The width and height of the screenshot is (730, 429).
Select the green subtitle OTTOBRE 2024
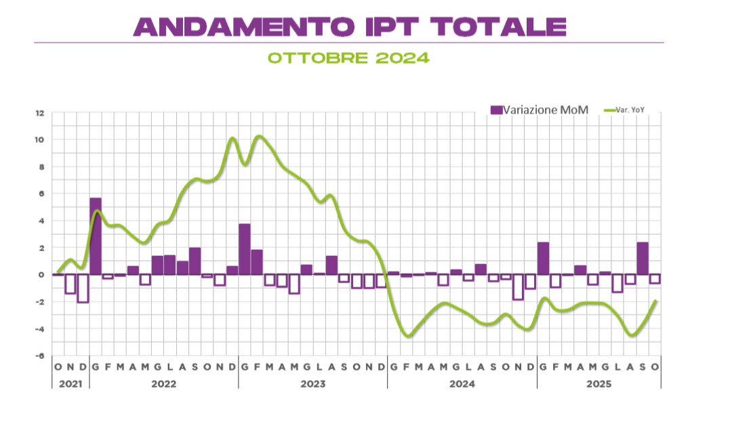click(x=348, y=58)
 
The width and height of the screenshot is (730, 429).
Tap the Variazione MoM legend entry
click(x=540, y=110)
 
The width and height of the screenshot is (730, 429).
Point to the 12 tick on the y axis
click(x=40, y=113)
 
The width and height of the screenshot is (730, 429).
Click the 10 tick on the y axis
click(x=40, y=140)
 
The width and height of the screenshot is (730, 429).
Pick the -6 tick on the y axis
click(x=40, y=356)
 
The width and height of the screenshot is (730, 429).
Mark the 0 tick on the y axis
click(x=41, y=275)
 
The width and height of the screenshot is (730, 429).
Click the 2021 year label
click(x=70, y=384)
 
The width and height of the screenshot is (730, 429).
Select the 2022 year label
click(x=163, y=384)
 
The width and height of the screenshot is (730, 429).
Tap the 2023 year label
click(x=312, y=384)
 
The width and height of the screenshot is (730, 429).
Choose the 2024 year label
click(x=462, y=384)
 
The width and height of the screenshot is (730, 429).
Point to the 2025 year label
click(x=599, y=384)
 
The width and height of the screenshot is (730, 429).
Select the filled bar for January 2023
click(x=245, y=249)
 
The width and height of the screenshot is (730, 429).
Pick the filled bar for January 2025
click(x=543, y=259)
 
